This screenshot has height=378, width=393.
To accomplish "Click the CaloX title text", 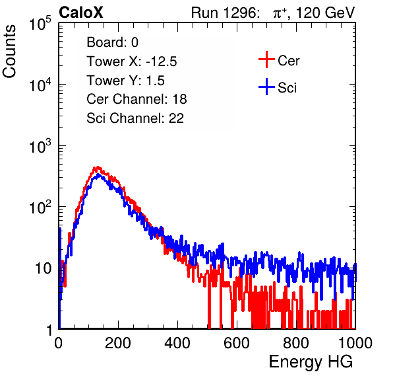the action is click(x=81, y=13).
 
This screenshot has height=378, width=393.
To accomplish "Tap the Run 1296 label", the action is click(x=225, y=13).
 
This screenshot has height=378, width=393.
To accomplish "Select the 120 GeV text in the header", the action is click(x=326, y=13).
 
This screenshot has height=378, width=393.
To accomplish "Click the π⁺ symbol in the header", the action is click(x=280, y=13).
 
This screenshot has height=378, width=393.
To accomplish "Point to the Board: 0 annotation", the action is click(x=113, y=42).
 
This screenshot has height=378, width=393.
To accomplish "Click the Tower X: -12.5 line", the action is click(x=132, y=61).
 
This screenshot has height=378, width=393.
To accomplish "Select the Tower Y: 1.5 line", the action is click(x=125, y=81).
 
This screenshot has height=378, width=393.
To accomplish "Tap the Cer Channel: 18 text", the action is click(x=137, y=99).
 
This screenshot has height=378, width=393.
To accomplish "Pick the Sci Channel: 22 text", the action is click(x=135, y=118).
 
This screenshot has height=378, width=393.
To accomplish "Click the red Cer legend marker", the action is click(x=266, y=59).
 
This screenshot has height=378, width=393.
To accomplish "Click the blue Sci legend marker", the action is click(x=266, y=87).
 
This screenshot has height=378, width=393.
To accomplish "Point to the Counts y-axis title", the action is click(x=9, y=51).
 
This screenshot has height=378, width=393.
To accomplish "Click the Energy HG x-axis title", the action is click(x=311, y=362).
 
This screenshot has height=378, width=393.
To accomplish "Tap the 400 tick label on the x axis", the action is click(x=177, y=343).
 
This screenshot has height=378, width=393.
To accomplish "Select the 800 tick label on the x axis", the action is click(x=296, y=343).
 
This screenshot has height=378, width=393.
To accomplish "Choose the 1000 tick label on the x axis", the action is click(x=355, y=343).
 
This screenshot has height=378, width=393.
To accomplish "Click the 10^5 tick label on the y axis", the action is click(x=40, y=23).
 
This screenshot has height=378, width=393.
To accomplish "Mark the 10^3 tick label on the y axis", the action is click(x=40, y=146).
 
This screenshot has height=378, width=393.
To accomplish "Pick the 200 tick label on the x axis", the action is click(x=118, y=343).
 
